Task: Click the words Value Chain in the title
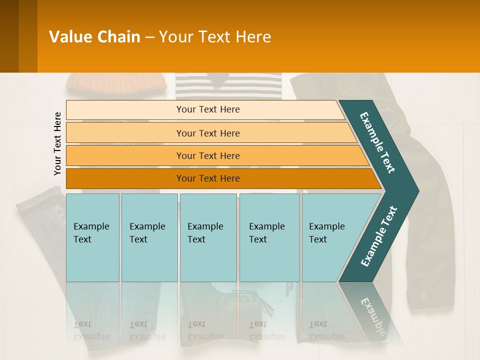click(94, 37)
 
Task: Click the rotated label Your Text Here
click(57, 143)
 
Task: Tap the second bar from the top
click(208, 133)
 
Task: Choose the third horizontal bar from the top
click(208, 155)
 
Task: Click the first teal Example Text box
click(92, 237)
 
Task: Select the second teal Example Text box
click(149, 237)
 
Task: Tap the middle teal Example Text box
click(208, 237)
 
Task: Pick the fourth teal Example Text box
click(269, 237)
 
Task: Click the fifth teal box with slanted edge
click(330, 237)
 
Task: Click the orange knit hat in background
click(116, 83)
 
